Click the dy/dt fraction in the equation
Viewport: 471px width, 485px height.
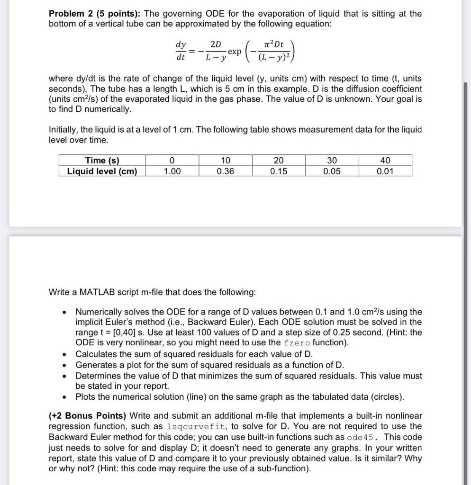click(181, 50)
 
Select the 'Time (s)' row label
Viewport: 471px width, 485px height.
click(102, 160)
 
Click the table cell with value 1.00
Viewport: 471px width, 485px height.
click(172, 171)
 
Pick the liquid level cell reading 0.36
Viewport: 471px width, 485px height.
click(225, 171)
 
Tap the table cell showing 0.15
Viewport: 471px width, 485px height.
click(279, 171)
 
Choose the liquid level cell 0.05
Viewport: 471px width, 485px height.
click(332, 171)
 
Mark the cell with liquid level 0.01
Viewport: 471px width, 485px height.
click(385, 171)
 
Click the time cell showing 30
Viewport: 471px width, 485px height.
click(332, 160)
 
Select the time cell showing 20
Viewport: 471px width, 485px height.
click(279, 160)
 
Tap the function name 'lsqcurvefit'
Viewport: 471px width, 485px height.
click(195, 427)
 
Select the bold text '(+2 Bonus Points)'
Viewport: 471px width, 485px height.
click(88, 416)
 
